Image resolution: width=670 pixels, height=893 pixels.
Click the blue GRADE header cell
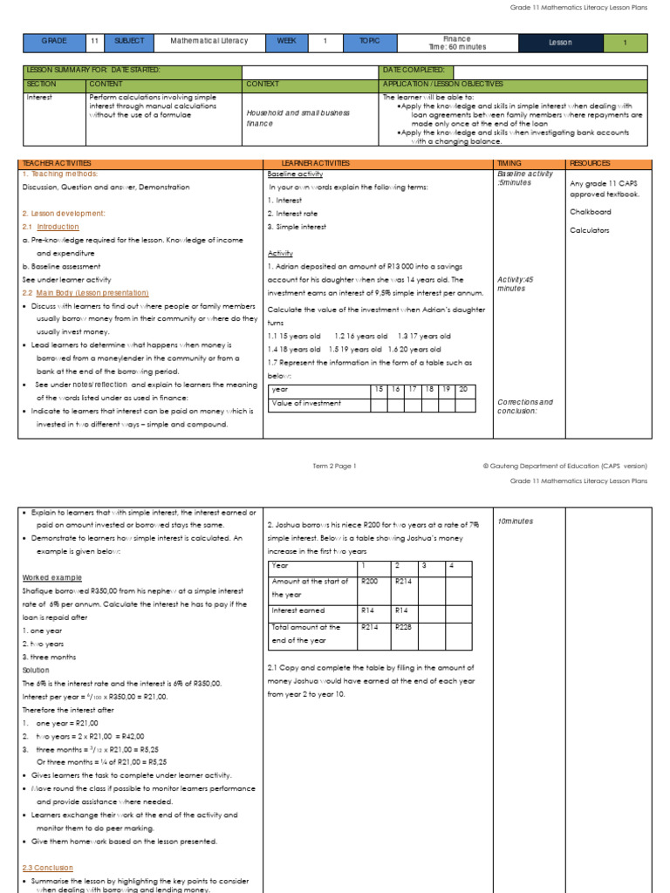point(53,42)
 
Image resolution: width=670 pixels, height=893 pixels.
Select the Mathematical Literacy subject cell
point(209,41)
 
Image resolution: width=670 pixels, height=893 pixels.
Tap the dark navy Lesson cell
point(560,43)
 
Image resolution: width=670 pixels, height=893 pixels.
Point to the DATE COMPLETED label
point(414,70)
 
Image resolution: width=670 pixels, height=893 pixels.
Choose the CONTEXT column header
point(263,84)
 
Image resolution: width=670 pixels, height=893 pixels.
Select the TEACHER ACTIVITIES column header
point(57,163)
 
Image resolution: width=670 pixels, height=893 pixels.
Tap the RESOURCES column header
point(590,163)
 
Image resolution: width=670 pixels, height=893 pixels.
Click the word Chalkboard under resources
point(590,212)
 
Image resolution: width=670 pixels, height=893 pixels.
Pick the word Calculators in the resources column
point(590,230)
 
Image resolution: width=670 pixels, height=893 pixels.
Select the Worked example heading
point(51,577)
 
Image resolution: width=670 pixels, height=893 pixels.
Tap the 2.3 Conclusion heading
point(47,868)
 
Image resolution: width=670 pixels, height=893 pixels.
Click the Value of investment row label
point(306,403)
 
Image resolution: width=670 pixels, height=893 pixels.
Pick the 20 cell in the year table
point(465,389)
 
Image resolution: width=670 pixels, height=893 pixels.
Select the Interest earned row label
point(298,610)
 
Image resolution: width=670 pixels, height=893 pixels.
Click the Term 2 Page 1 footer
point(335,467)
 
